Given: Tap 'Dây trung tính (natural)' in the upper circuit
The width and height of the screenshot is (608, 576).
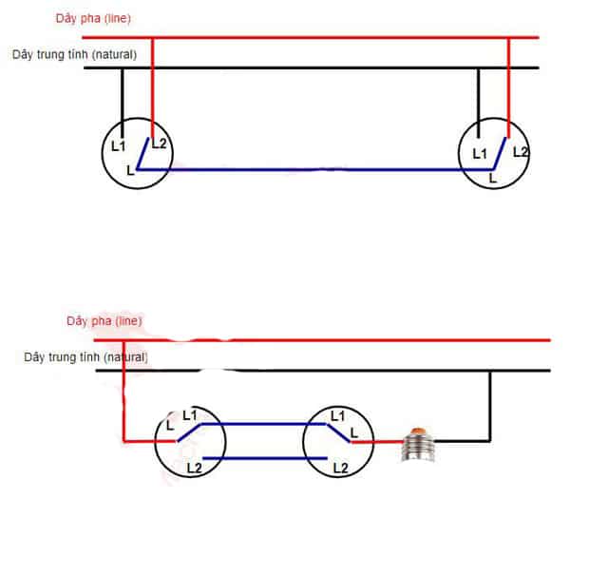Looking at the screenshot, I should pyautogui.click(x=74, y=54).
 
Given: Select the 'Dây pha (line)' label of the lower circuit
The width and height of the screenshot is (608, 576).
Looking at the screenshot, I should pyautogui.click(x=104, y=321).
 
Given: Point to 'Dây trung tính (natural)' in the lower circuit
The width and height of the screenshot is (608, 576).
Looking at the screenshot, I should pyautogui.click(x=85, y=357).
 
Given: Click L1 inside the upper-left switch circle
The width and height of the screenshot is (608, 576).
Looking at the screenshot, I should pyautogui.click(x=118, y=146).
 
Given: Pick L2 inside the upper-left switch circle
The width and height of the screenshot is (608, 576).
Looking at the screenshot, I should pyautogui.click(x=159, y=144).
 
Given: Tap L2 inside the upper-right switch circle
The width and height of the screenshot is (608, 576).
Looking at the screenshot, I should pyautogui.click(x=520, y=151).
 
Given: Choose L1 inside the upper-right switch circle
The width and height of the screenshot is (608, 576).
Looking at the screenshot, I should pyautogui.click(x=480, y=153).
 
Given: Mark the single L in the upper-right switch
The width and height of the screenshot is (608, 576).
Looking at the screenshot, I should pyautogui.click(x=492, y=178).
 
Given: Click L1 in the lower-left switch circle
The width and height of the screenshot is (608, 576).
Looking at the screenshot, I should pyautogui.click(x=189, y=415).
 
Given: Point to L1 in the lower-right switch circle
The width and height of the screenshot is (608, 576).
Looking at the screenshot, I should pyautogui.click(x=337, y=415).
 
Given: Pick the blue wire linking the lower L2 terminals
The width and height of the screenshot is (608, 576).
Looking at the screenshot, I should pyautogui.click(x=266, y=459).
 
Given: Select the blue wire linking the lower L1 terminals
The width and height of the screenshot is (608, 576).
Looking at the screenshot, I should pyautogui.click(x=266, y=425).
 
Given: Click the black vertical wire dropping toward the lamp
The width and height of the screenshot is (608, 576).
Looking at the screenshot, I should pyautogui.click(x=490, y=404).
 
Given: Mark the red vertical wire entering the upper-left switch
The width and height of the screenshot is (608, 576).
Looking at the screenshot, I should pyautogui.click(x=153, y=86).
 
